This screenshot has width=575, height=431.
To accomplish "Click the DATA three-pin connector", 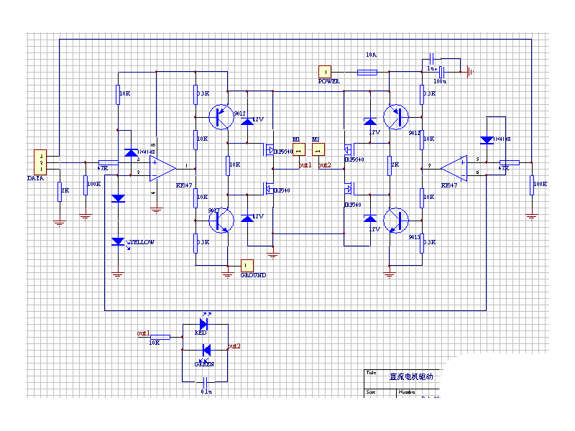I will click(x=42, y=162).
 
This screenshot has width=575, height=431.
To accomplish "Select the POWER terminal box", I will click(x=326, y=71).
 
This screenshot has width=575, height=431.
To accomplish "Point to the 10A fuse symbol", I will click(x=367, y=72).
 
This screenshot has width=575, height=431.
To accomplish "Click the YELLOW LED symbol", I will click(x=119, y=242).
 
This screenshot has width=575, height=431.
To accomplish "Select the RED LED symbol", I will click(x=203, y=325).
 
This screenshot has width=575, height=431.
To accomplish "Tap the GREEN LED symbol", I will click(x=206, y=351).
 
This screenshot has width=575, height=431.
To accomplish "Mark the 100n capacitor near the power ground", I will click(x=443, y=71).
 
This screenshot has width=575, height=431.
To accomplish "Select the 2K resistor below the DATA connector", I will click(x=60, y=190).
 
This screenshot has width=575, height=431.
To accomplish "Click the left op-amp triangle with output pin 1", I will click(x=162, y=169).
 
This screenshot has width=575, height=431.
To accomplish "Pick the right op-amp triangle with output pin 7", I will click(x=454, y=168).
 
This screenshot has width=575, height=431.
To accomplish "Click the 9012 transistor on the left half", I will click(x=221, y=116).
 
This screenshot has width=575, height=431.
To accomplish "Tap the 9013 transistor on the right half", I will click(x=395, y=220).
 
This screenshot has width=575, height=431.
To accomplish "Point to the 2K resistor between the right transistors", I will click(x=390, y=164).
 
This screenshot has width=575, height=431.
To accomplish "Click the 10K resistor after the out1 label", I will click(x=160, y=336).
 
